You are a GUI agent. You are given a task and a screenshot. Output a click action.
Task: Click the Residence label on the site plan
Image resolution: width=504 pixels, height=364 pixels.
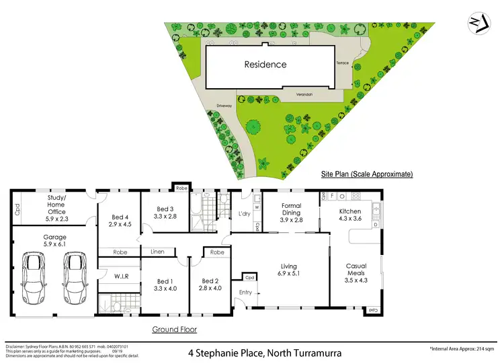pyautogui.click(x=265, y=65)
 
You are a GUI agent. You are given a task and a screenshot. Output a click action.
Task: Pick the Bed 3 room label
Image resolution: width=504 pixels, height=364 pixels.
pyautogui.click(x=165, y=213)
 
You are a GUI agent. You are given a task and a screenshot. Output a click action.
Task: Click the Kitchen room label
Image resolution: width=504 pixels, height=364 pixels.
pyautogui.click(x=350, y=215)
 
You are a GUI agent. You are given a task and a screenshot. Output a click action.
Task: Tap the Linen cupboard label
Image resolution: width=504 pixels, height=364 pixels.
pyautogui.click(x=157, y=252)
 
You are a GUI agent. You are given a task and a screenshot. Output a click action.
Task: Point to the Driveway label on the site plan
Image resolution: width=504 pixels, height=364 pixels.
pyautogui.click(x=224, y=106)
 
